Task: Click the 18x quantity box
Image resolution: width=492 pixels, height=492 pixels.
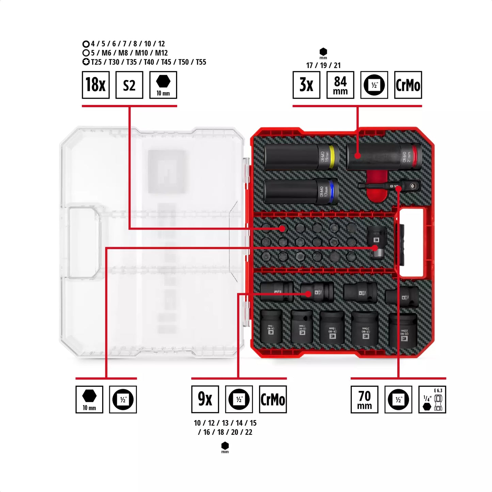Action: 96,85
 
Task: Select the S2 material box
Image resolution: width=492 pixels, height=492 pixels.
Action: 129,85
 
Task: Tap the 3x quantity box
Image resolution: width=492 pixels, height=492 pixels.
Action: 306,85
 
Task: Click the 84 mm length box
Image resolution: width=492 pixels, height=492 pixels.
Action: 340,85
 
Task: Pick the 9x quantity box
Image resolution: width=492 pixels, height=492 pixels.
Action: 205,399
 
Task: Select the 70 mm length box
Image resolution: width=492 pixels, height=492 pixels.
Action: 364,400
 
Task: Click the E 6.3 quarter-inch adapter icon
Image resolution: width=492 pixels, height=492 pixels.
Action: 432,400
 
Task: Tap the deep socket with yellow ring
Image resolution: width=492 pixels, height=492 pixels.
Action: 301,157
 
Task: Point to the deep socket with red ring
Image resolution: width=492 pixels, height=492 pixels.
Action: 384,157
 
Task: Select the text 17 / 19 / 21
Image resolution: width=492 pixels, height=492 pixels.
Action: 323,65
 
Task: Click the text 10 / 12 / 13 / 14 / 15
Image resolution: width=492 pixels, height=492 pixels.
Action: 225,423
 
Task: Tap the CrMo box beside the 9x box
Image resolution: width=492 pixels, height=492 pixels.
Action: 273,399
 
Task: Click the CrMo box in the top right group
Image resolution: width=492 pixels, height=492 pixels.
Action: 408,85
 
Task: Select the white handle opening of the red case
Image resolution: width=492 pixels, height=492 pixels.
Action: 411,242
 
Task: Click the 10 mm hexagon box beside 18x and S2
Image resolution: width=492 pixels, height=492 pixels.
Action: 163,85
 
